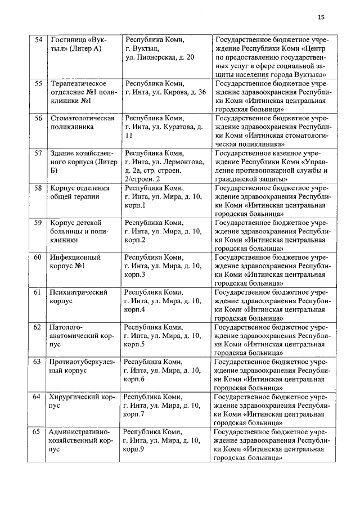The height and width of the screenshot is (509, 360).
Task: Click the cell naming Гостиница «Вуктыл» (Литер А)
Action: click(79, 44)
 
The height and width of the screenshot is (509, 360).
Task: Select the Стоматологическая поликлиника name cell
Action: click(82, 123)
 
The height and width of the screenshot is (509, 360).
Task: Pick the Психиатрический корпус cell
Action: click(79, 297)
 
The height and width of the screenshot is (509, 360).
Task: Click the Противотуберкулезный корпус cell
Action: click(82, 366)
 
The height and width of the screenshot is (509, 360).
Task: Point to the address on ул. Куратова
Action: click(164, 127)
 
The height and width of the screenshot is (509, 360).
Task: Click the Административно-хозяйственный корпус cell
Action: click(82, 440)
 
